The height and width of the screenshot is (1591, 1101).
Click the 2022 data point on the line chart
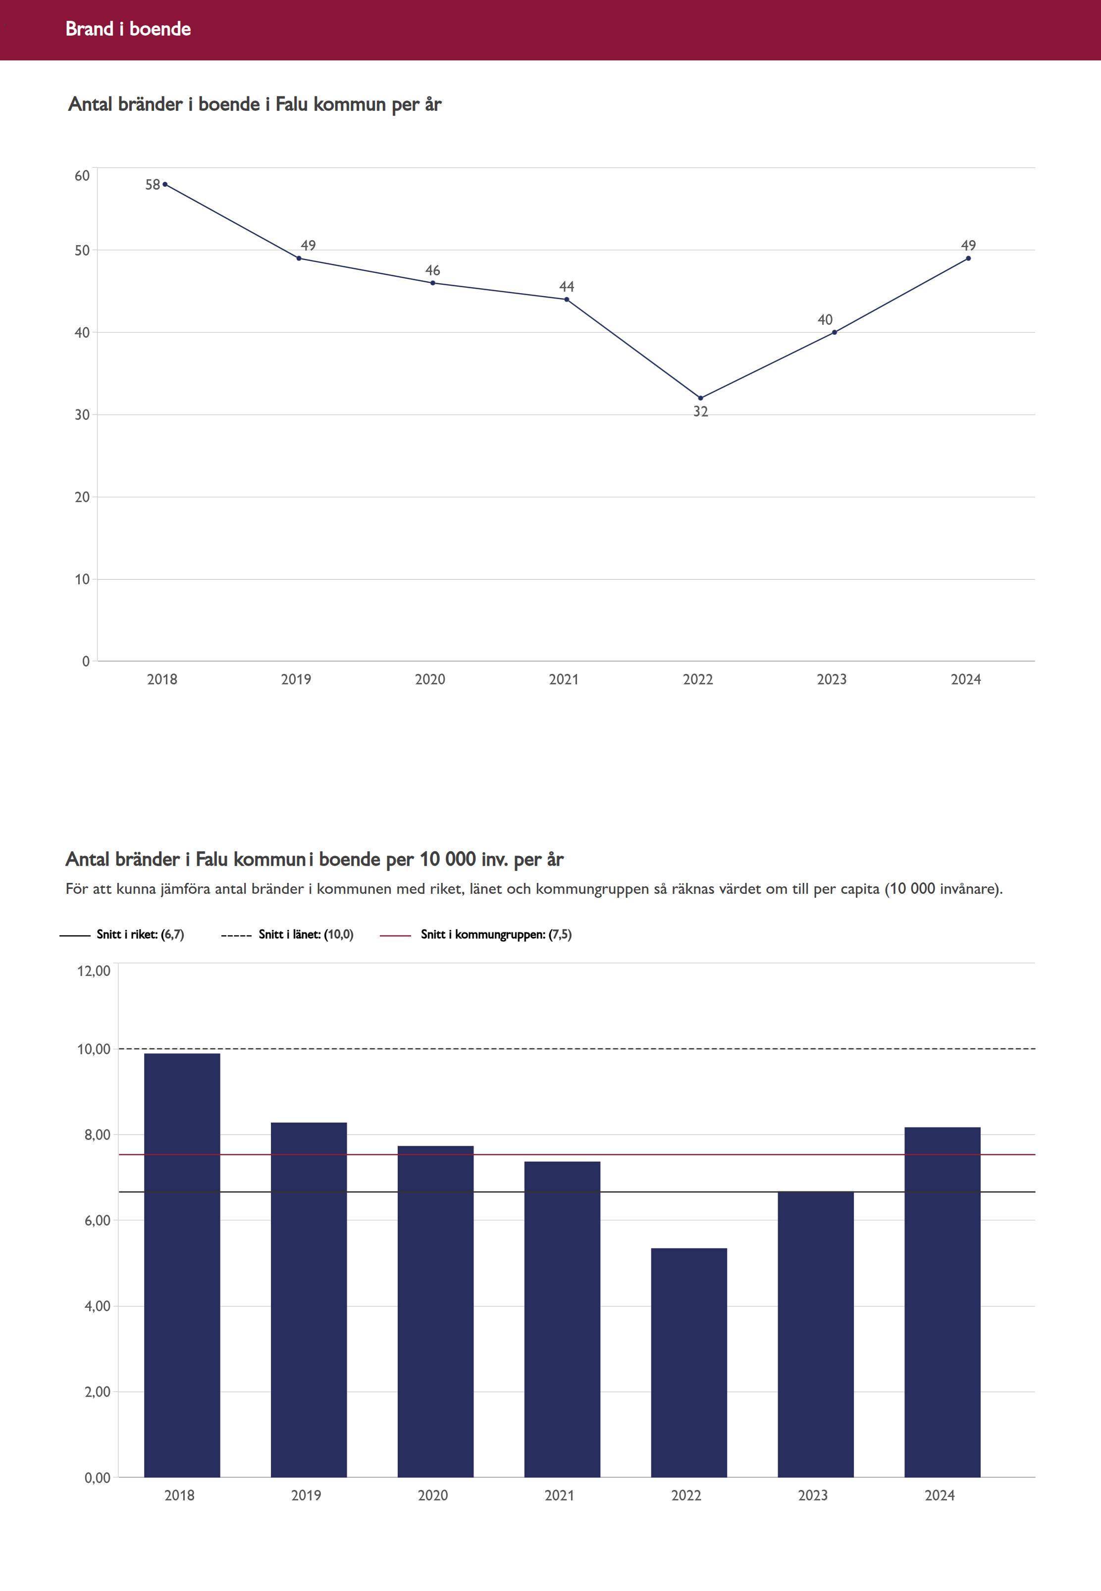(x=700, y=398)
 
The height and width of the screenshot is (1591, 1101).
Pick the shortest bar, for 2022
(x=688, y=1363)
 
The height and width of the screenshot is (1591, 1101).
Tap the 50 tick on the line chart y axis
(x=82, y=251)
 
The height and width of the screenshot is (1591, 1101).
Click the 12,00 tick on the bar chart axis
(x=94, y=971)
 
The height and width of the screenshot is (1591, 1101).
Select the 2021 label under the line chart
(x=564, y=679)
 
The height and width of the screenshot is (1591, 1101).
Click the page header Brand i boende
(x=128, y=29)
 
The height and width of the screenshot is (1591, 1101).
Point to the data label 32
(x=700, y=411)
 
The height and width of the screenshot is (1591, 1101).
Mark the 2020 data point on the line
(x=432, y=283)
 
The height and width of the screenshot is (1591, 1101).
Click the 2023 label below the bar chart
(x=813, y=1495)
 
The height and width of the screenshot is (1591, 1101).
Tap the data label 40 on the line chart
(x=825, y=320)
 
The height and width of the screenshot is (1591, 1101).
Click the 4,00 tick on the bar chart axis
(x=97, y=1306)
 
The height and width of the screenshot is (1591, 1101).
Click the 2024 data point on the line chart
(x=968, y=258)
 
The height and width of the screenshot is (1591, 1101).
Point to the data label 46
(x=432, y=270)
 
